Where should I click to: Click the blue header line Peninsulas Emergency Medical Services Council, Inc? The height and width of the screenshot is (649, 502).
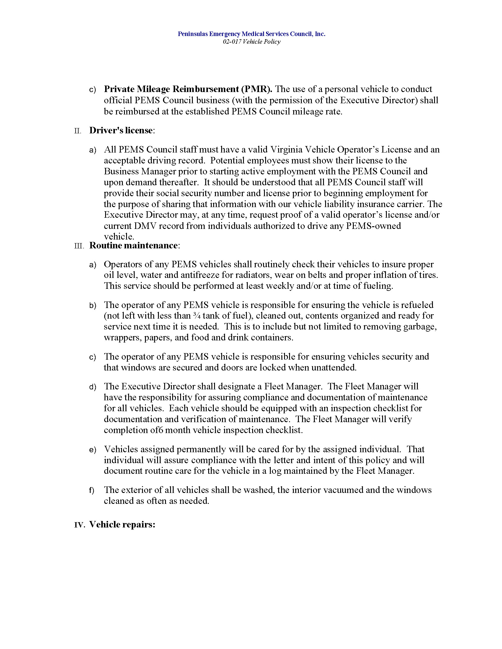[251, 34]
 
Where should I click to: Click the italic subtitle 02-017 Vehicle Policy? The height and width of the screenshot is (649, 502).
[251, 42]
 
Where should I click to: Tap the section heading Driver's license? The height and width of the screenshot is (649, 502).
[121, 130]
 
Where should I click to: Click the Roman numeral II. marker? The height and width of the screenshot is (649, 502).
[78, 131]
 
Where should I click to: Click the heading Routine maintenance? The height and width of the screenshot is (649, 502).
[134, 245]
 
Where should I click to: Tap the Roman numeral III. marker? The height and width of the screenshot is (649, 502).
[79, 246]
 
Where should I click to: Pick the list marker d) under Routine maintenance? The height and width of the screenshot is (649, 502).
[93, 387]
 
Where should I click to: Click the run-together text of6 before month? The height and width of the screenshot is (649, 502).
[157, 430]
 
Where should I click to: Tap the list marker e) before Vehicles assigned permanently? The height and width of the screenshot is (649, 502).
[93, 450]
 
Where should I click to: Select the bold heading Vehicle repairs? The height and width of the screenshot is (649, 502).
[122, 525]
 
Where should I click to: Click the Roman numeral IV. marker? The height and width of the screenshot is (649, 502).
[79, 525]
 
